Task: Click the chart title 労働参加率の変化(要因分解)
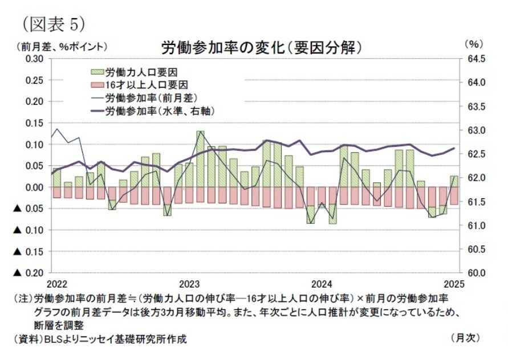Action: coord(262,46)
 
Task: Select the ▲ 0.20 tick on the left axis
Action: coord(28,273)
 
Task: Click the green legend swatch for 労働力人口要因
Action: coord(97,72)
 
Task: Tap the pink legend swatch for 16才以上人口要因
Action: coord(97,84)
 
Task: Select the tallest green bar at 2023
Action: coord(200,159)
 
